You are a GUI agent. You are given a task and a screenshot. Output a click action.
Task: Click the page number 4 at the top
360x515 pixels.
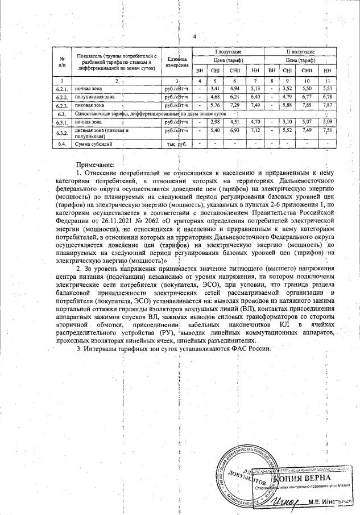pos(195,37)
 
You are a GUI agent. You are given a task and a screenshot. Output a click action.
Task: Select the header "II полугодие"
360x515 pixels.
pos(300,52)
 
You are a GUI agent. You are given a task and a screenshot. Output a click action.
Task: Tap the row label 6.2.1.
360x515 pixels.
pos(61,89)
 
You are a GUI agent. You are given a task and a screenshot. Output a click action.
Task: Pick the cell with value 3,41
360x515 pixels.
pos(215,89)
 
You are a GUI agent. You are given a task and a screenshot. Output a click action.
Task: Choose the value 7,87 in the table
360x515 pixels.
pos(326,105)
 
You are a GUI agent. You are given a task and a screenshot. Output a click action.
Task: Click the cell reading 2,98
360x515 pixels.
pos(215,122)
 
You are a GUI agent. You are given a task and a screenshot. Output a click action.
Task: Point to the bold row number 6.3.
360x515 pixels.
pos(61,114)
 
